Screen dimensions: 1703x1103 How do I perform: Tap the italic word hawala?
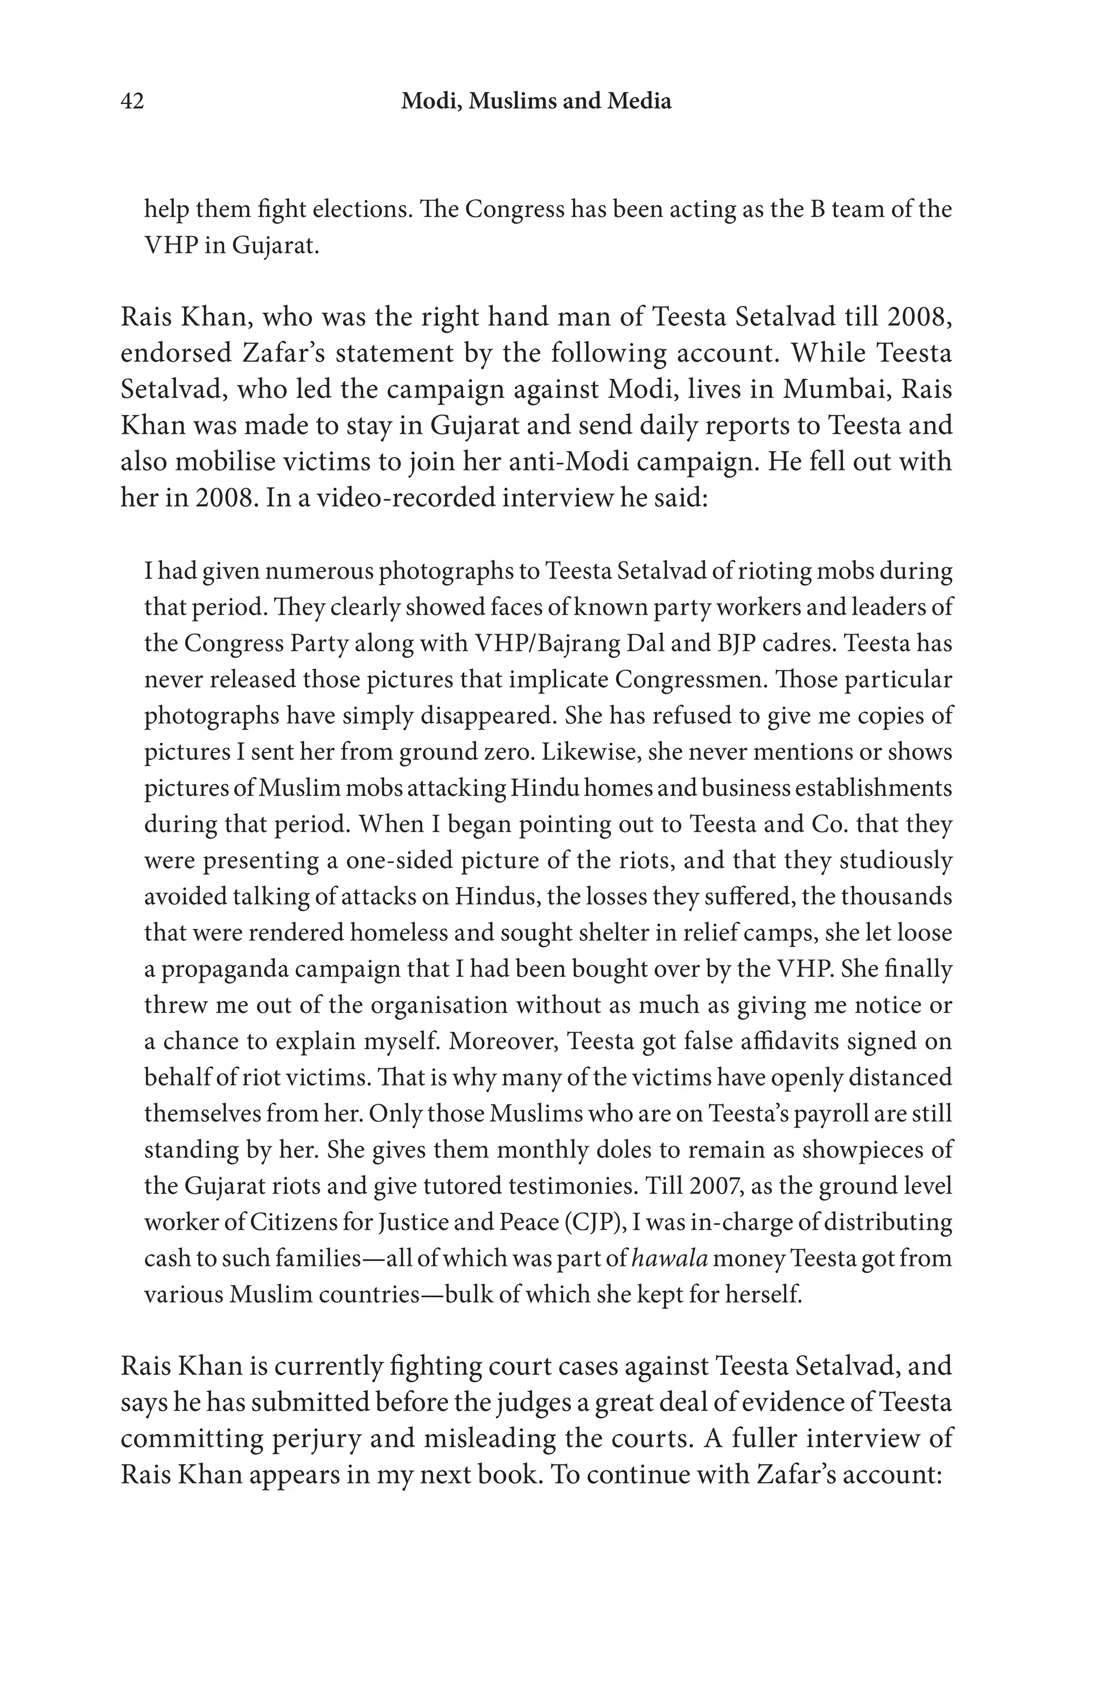(x=670, y=1258)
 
